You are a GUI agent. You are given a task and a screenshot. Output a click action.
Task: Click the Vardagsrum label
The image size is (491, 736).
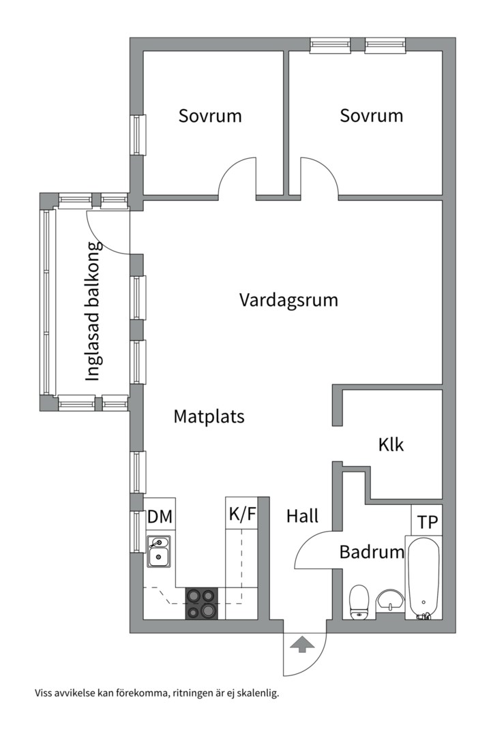pos(288,300)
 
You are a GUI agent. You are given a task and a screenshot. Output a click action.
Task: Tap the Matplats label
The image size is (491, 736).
pos(209,416)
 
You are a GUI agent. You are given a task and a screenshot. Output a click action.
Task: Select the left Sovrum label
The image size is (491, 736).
pos(210,116)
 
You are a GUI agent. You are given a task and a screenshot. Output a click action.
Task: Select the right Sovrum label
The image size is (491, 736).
pos(372,116)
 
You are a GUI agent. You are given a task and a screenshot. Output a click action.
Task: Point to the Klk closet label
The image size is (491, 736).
pos(391,445)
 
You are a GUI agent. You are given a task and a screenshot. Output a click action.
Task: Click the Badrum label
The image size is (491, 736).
pos(372,552)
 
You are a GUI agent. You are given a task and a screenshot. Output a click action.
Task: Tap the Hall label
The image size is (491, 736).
pos(302,517)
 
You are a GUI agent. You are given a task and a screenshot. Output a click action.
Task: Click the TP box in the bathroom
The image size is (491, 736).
pos(428,523)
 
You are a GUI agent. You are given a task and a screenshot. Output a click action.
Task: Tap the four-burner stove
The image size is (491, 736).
pos(202,603)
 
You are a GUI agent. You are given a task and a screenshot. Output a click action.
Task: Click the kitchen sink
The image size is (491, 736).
pos(159,552)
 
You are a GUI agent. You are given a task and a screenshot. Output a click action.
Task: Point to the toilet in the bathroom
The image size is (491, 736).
pos(359,602)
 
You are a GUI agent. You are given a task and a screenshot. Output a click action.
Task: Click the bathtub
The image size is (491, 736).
pos(423,577)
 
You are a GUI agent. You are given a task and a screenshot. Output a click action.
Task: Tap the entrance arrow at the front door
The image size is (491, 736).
pos(301,643)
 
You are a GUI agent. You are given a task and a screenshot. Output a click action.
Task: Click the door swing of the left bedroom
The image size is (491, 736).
pos(237,177)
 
